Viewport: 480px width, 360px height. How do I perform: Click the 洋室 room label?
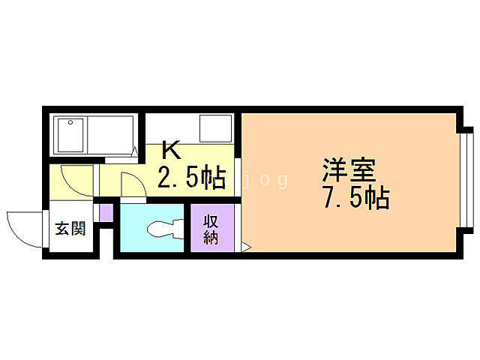click(349, 168)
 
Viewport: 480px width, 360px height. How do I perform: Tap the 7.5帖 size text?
click(355, 198)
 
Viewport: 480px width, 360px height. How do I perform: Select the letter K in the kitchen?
click(170, 150)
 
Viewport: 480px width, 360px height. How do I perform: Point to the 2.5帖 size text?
click(190, 178)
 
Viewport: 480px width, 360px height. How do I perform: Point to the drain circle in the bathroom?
click(70, 122)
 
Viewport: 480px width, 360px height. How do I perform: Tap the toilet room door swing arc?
click(132, 184)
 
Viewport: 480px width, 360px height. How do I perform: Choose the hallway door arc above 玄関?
click(76, 180)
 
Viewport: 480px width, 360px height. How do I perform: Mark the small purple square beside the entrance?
click(106, 211)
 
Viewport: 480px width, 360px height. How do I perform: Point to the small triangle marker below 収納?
click(245, 246)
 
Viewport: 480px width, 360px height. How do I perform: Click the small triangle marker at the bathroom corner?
click(135, 152)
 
